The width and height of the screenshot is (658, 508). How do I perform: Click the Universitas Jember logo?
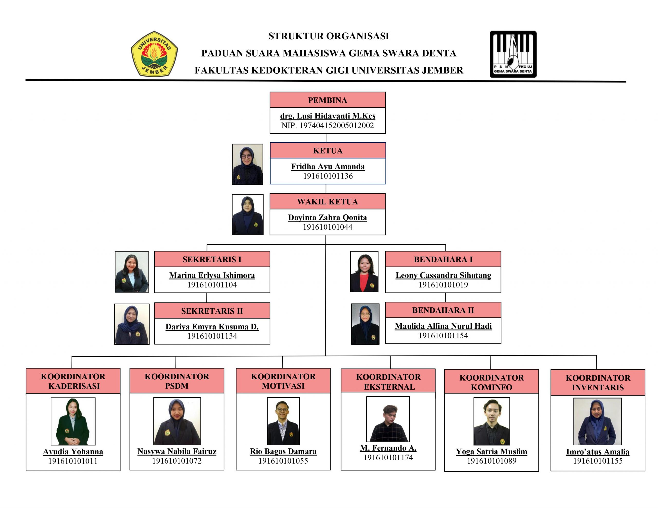tap(154, 54)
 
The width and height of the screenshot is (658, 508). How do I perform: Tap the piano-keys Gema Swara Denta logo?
tap(513, 54)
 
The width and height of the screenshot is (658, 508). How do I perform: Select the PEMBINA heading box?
tap(327, 100)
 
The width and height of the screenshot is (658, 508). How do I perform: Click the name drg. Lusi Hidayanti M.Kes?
tap(327, 116)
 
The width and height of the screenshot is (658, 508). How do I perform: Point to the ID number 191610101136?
tap(328, 176)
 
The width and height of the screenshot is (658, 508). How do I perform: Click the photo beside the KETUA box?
tap(247, 164)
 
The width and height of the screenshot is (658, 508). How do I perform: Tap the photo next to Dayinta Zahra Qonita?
tap(247, 215)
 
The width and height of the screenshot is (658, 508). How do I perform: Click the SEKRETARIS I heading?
tap(212, 259)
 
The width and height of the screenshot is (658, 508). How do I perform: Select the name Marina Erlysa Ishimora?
tap(212, 275)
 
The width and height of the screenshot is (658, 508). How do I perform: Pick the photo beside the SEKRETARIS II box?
tap(132, 324)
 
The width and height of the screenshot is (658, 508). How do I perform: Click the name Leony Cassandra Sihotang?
tap(443, 275)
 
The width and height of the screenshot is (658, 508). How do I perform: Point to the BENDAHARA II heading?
tap(443, 310)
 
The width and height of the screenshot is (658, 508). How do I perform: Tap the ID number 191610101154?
tap(443, 336)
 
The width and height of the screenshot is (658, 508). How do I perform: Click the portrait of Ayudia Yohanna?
tap(73, 421)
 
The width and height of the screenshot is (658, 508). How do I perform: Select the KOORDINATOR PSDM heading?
tap(177, 381)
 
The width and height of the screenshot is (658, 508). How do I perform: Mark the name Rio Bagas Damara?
tap(283, 451)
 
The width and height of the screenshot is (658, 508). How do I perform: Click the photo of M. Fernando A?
tap(388, 419)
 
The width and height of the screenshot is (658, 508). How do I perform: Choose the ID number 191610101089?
tap(491, 461)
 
